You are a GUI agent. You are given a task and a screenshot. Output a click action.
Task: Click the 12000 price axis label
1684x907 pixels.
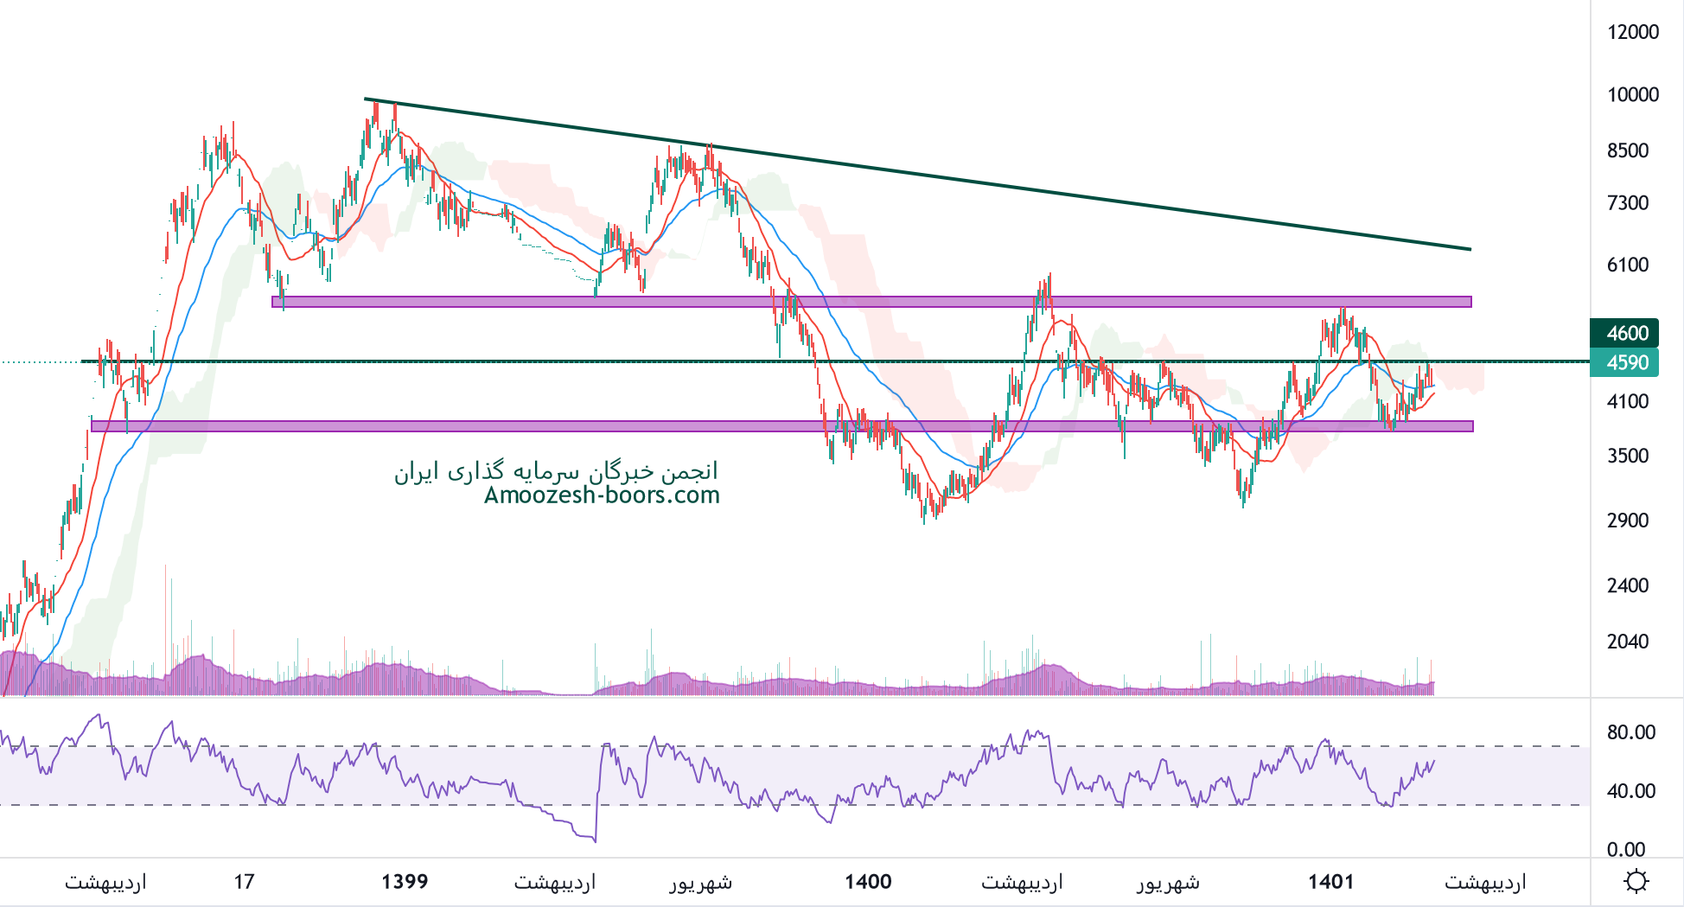[1632, 32]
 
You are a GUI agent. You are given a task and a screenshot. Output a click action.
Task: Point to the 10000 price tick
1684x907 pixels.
[1632, 94]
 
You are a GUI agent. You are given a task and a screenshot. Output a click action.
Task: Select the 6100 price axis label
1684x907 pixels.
[1628, 265]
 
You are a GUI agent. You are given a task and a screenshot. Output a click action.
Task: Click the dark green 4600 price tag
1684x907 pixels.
[1624, 333]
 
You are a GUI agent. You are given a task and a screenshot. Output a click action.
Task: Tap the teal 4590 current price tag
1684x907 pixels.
[1624, 362]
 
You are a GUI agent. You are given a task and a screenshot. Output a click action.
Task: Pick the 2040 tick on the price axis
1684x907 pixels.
[1628, 642]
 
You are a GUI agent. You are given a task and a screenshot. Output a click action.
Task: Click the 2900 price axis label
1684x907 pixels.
[1628, 521]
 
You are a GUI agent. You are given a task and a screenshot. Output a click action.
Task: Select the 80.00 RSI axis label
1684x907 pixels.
[1631, 732]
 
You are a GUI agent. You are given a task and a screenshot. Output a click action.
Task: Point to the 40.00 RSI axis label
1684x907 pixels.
[1631, 791]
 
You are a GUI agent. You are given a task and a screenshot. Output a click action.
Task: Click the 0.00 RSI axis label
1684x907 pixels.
[1625, 849]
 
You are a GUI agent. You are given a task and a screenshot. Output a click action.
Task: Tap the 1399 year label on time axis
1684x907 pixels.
[405, 882]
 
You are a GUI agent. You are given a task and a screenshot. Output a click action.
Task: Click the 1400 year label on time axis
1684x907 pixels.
[868, 882]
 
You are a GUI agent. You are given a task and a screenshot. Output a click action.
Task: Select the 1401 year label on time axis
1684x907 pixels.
[1330, 882]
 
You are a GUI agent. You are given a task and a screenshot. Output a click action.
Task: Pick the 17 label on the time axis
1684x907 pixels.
[244, 882]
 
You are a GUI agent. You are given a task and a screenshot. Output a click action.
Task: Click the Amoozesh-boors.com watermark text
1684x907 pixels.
[602, 495]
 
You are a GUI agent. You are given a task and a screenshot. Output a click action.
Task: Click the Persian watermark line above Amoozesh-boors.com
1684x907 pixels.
[556, 471]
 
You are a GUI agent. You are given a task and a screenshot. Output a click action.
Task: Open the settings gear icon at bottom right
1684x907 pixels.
[1636, 882]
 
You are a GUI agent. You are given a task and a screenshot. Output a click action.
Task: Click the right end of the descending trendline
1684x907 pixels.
[1469, 249]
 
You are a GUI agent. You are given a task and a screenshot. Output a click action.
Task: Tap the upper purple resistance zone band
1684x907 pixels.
[864, 302]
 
